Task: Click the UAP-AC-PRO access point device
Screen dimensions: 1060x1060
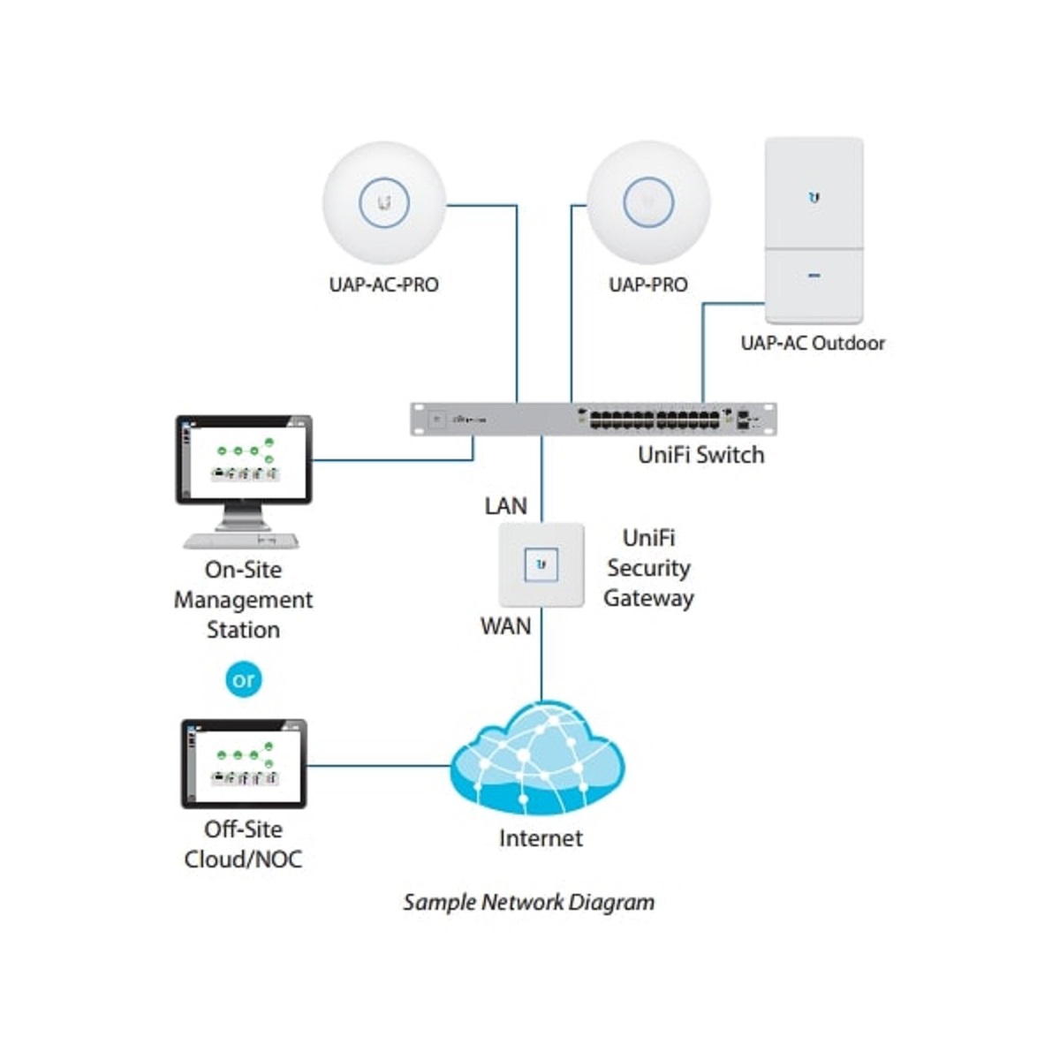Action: pyautogui.click(x=384, y=202)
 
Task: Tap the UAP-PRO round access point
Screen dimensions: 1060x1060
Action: pyautogui.click(x=648, y=202)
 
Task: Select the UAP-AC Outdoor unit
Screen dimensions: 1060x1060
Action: pyautogui.click(x=814, y=230)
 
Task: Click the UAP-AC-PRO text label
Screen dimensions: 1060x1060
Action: pyautogui.click(x=383, y=285)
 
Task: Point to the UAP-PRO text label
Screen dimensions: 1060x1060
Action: pyautogui.click(x=647, y=285)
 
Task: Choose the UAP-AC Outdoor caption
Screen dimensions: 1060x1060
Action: pyautogui.click(x=813, y=344)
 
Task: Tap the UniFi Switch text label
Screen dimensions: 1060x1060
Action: pyautogui.click(x=700, y=456)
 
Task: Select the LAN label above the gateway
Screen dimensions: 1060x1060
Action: pyautogui.click(x=505, y=506)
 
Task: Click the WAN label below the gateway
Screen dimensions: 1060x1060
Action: pyautogui.click(x=505, y=626)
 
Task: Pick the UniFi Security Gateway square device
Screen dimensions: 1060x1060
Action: pyautogui.click(x=541, y=564)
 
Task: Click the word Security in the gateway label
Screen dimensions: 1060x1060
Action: pyautogui.click(x=648, y=568)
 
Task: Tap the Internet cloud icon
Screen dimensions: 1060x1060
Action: pyautogui.click(x=538, y=761)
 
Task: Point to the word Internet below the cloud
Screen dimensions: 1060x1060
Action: pyautogui.click(x=541, y=838)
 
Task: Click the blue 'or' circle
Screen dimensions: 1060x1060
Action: pyautogui.click(x=244, y=680)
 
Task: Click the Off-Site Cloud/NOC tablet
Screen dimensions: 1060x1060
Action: pyautogui.click(x=244, y=763)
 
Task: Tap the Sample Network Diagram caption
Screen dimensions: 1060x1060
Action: pyautogui.click(x=528, y=903)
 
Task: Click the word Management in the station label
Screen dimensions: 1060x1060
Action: pyautogui.click(x=243, y=600)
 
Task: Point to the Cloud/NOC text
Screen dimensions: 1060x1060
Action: pyautogui.click(x=243, y=859)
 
